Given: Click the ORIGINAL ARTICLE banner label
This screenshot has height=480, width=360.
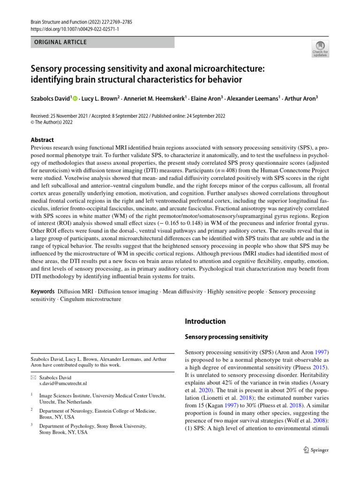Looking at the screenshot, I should point(59,42).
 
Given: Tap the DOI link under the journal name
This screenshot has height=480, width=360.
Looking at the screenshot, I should point(75,29).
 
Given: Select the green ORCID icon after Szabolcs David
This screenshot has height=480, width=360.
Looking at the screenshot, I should point(74,98).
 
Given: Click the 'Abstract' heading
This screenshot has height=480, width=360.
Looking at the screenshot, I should point(42,140).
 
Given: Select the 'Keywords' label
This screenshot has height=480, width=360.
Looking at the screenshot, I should point(43,292).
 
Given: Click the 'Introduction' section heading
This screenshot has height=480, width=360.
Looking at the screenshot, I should point(205,322).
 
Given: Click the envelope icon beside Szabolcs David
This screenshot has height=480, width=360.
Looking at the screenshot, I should point(33,377).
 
